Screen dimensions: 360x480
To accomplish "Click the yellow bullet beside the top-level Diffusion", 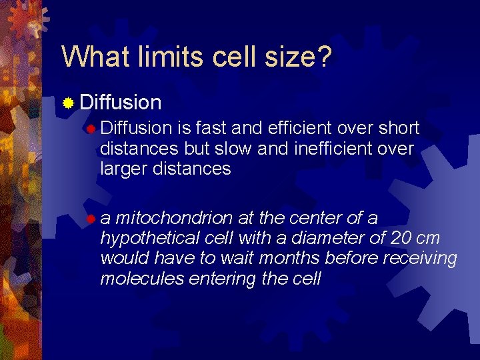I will point(68,103).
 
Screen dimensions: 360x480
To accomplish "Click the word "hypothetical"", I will point(143,239).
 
